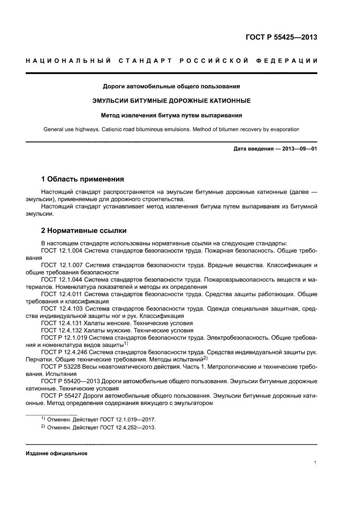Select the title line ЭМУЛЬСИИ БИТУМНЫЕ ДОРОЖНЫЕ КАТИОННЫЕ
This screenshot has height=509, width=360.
click(x=171, y=101)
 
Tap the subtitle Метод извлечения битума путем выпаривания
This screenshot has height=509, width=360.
click(x=171, y=116)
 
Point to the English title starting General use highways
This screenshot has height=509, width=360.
click(x=171, y=129)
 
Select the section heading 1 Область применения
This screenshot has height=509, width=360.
click(x=82, y=179)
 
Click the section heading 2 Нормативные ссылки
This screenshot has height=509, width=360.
click(x=84, y=230)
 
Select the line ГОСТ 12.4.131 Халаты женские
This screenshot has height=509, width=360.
click(x=117, y=323)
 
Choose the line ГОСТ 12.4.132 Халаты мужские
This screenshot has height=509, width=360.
click(x=117, y=330)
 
